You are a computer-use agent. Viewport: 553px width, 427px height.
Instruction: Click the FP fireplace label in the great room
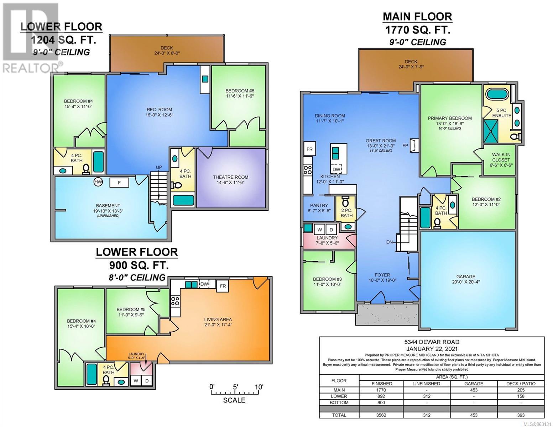(405, 146)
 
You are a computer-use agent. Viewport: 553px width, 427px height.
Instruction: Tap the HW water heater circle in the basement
(98, 182)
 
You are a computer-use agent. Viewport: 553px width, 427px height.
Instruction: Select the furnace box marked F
(119, 183)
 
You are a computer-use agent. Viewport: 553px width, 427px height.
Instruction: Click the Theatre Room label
(231, 177)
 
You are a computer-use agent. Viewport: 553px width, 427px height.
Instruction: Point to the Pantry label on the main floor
(319, 205)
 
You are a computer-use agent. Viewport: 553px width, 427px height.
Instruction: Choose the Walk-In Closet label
(501, 157)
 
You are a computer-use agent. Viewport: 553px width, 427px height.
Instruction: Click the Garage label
(466, 276)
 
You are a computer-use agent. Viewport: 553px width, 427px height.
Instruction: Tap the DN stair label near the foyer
(389, 242)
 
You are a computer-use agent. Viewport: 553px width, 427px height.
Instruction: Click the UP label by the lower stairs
(159, 167)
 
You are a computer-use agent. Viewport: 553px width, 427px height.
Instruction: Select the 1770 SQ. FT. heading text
(418, 30)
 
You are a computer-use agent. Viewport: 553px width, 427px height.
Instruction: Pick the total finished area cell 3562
(381, 415)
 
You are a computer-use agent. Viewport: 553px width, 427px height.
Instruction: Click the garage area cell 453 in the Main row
(474, 390)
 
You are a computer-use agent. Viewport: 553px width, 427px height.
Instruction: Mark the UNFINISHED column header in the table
(427, 384)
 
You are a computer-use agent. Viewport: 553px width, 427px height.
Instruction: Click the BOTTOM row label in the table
(339, 402)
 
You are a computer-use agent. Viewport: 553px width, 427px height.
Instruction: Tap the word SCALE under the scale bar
(234, 400)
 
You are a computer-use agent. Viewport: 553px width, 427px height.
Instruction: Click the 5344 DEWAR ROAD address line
(432, 342)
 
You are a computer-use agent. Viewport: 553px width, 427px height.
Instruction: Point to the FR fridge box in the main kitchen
(309, 149)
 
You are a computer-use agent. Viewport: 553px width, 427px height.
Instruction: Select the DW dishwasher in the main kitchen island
(336, 169)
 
